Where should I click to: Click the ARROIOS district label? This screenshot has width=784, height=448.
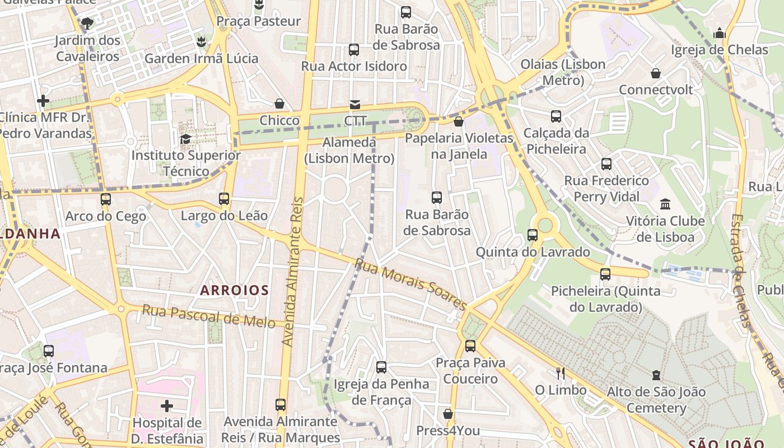tap(235, 290)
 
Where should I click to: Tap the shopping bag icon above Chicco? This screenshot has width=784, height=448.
tap(279, 104)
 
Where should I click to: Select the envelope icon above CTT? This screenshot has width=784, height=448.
tap(355, 104)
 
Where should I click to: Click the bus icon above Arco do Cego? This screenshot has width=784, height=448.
tap(105, 199)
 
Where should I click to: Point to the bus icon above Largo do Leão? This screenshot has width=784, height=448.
tap(224, 198)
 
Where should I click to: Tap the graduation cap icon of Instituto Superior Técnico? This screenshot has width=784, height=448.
tap(185, 138)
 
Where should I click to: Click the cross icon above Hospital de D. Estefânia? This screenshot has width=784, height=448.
tap(167, 405)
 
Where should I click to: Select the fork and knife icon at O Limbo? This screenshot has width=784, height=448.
tap(560, 373)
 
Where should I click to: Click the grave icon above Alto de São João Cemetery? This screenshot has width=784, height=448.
tap(656, 375)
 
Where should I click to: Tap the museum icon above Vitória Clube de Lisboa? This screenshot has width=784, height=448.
tap(665, 204)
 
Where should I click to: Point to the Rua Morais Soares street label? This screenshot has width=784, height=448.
tap(410, 284)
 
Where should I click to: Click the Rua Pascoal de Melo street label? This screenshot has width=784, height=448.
tap(208, 315)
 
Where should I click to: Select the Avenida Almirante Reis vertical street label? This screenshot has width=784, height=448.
tap(292, 271)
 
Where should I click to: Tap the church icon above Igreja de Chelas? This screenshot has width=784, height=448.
tap(720, 33)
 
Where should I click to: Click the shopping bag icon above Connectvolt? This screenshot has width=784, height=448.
tap(656, 73)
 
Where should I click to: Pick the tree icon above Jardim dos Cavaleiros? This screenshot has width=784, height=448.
tap(87, 24)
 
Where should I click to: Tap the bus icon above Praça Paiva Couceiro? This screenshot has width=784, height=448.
tap(470, 346)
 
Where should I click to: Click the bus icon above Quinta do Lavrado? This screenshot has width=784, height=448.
tap(533, 235)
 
